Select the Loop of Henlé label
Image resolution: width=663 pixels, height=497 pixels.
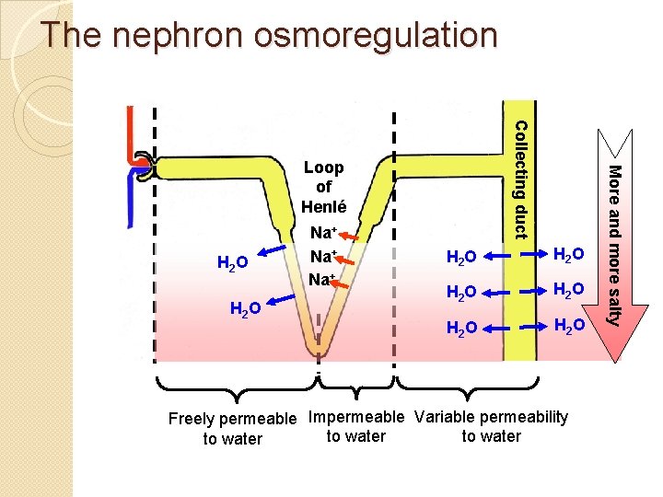323,187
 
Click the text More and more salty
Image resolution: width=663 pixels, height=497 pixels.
617,244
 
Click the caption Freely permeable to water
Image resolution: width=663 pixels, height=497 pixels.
233,429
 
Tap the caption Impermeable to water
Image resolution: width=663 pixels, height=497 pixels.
355,426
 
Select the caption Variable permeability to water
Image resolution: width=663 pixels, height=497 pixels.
492,426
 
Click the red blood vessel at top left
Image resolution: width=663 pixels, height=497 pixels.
134,138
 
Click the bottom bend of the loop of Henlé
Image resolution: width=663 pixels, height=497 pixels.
318,345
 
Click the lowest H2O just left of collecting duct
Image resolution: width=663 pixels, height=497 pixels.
460,327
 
